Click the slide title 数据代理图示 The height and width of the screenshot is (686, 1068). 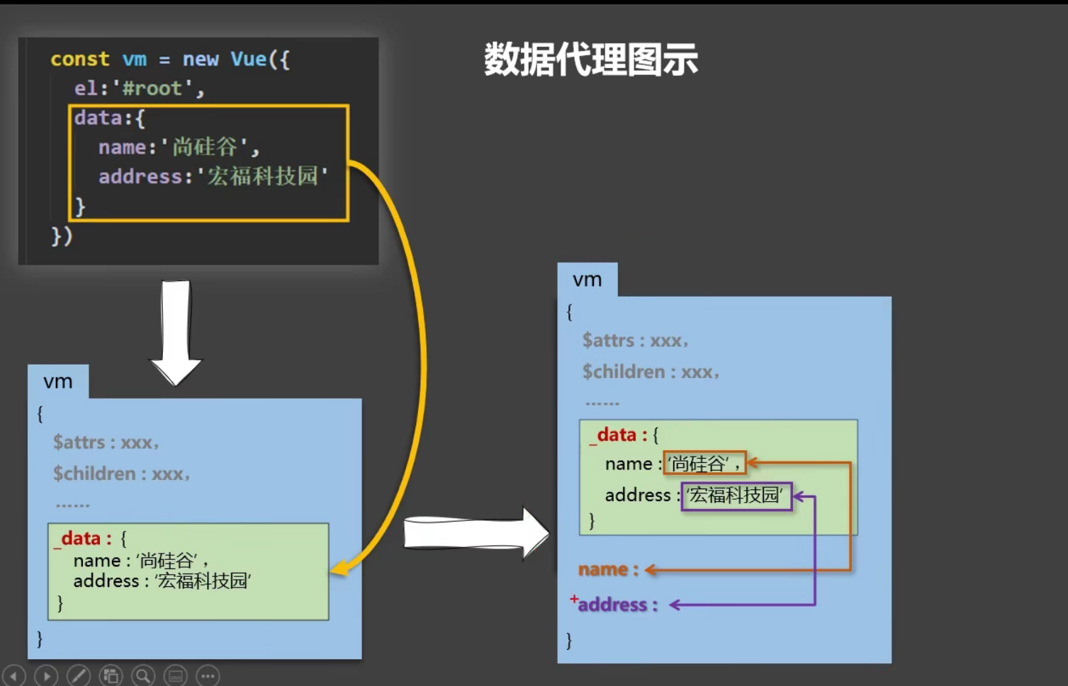590,59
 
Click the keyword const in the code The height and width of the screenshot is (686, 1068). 79,59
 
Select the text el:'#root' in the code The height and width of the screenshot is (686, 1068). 138,88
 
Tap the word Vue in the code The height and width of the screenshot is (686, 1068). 248,59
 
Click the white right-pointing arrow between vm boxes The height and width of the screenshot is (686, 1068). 475,533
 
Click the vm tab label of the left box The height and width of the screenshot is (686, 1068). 58,382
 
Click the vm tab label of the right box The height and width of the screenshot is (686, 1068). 587,280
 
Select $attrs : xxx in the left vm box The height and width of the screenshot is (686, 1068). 106,442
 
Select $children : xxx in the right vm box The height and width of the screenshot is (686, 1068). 650,372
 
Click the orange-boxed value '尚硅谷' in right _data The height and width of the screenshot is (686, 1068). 704,464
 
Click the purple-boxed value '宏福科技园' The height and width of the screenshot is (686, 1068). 736,496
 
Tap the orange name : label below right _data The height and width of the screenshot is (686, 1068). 608,569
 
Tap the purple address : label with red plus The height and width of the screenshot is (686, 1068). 617,605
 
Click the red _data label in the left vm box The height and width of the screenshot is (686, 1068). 82,539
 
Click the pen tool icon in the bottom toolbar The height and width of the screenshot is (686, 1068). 78,675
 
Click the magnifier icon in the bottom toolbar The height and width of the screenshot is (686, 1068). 143,675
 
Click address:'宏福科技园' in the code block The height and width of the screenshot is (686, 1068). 213,176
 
